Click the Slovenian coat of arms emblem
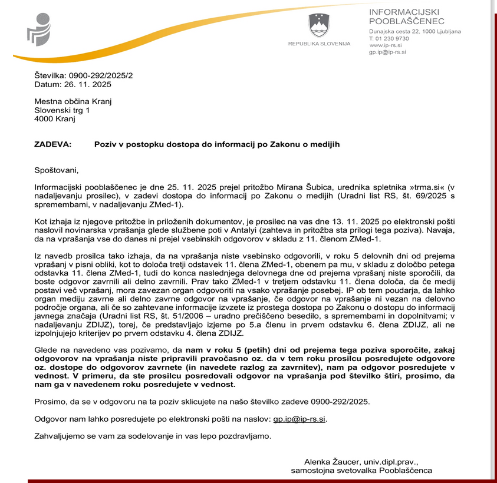click(x=318, y=25)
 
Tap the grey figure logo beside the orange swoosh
click(x=39, y=29)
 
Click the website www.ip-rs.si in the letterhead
click(x=386, y=45)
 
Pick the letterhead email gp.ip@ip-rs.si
click(x=387, y=52)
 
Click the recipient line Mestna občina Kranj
click(x=73, y=101)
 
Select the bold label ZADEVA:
click(x=52, y=144)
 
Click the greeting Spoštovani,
click(x=57, y=170)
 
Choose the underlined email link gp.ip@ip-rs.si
click(x=300, y=419)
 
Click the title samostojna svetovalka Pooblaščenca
click(x=361, y=471)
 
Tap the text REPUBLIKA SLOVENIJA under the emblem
click(x=319, y=44)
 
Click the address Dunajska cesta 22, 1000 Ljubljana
click(x=414, y=31)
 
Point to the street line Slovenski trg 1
click(x=62, y=110)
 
